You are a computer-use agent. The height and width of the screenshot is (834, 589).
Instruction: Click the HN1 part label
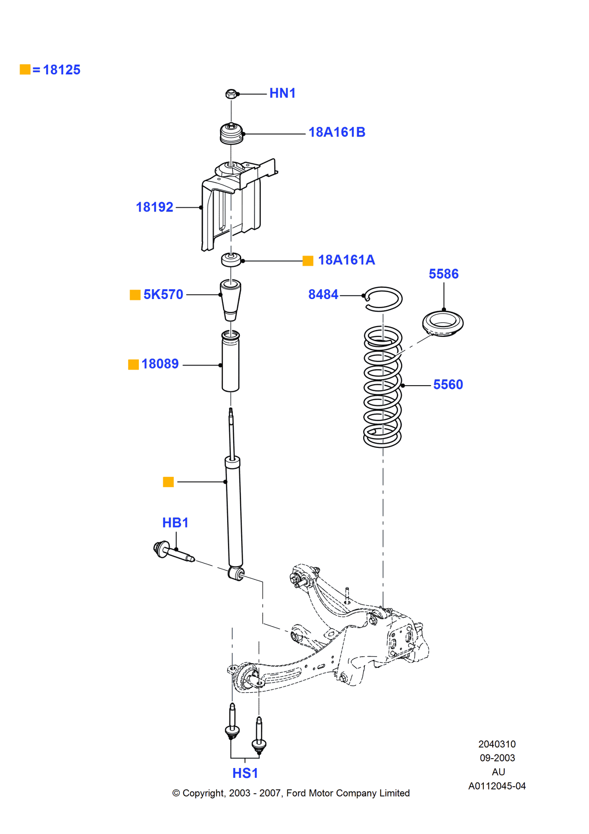[x=282, y=93]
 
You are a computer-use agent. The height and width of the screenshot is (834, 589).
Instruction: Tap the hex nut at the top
[x=231, y=94]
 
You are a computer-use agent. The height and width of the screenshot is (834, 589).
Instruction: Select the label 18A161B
[x=337, y=132]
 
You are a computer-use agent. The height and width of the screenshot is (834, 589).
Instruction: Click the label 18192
[x=154, y=207]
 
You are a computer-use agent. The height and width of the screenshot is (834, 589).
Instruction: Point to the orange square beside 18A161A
[x=308, y=261]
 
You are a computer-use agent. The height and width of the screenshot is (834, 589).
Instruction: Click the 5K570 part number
[x=163, y=294]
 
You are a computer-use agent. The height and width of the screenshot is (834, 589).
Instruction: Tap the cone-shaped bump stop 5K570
[x=230, y=299]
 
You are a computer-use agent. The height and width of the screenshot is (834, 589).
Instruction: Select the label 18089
[x=160, y=364]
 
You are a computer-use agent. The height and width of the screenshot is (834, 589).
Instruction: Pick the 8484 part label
[x=323, y=294]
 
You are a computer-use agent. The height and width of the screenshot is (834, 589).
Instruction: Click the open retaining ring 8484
[x=384, y=299]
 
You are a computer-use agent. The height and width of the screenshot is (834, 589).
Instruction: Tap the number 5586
[x=444, y=274]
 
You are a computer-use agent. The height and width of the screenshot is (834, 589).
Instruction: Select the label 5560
[x=448, y=385]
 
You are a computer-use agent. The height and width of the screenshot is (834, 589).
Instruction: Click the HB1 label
[x=175, y=523]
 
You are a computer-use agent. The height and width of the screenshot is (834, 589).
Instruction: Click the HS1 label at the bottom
[x=245, y=773]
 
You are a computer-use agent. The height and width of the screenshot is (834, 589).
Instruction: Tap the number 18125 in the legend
[x=62, y=70]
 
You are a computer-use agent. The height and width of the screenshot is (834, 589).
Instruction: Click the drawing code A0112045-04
[x=497, y=786]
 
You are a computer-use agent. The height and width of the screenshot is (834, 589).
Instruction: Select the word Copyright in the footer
[x=203, y=793]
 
